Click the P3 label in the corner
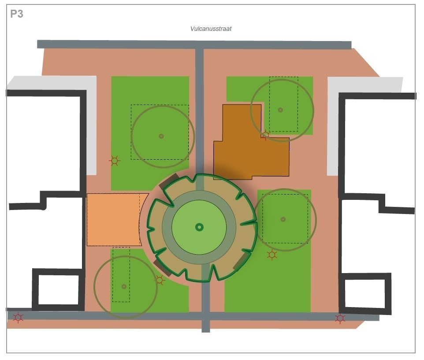pyautogui.click(x=17, y=14)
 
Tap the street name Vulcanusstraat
pyautogui.click(x=211, y=29)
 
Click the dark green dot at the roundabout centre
pyautogui.click(x=199, y=227)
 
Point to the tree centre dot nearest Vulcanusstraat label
pyautogui.click(x=280, y=109)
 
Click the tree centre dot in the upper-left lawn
pyautogui.click(x=161, y=136)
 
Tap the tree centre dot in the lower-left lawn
pyautogui.click(x=124, y=286)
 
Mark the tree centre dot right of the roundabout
pyautogui.click(x=283, y=219)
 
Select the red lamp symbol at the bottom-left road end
pyautogui.click(x=18, y=317)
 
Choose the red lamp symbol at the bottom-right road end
pyautogui.click(x=340, y=318)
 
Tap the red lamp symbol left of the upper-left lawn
pyautogui.click(x=115, y=161)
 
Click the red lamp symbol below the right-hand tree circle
pyautogui.click(x=272, y=255)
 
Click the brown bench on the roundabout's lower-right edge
pyautogui.click(x=240, y=262)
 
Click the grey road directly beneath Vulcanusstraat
pyautogui.click(x=194, y=45)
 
